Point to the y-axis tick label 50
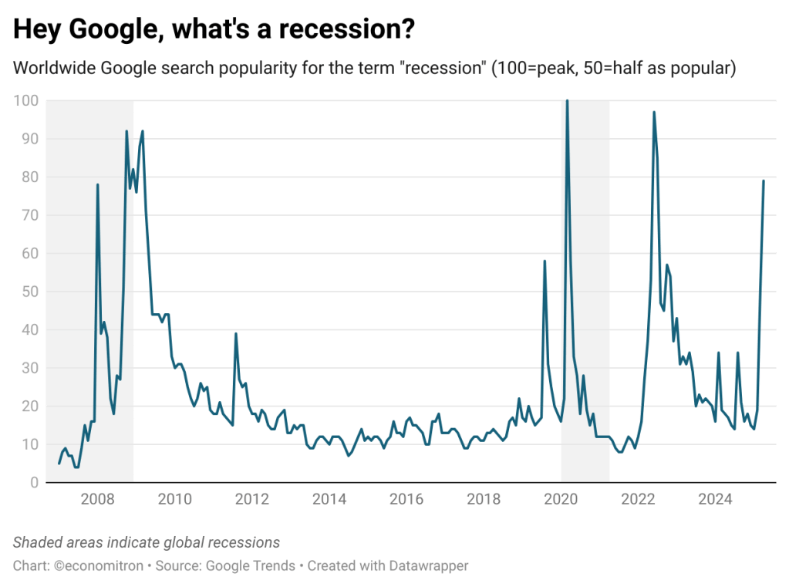29,292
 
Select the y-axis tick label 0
34,483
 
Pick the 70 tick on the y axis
29,215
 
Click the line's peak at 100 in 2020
568,101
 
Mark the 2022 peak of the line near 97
654,113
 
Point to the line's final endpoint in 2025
764,180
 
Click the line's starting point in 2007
59,463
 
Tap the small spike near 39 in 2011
235,333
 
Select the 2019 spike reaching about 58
545,261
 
